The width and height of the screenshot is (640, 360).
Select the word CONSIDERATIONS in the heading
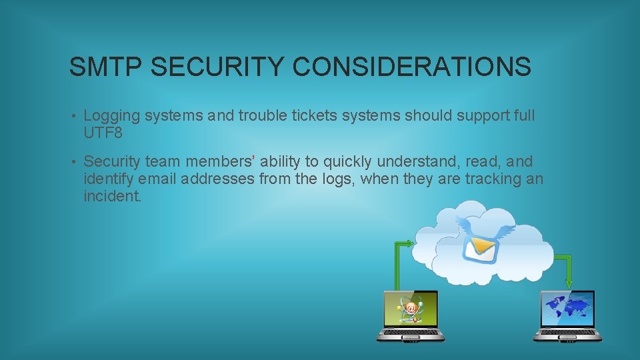412,67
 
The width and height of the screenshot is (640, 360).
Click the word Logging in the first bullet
112,116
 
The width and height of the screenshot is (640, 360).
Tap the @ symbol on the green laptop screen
411,308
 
